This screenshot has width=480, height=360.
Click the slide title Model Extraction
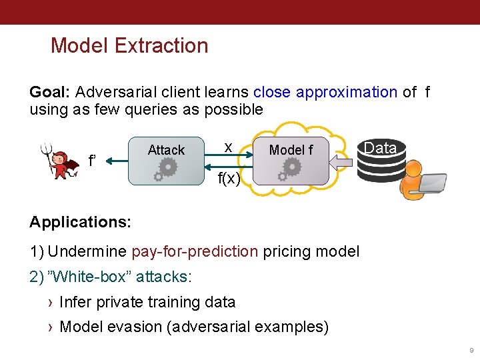129,46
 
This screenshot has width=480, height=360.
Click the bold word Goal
49,92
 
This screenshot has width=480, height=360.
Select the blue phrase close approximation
325,92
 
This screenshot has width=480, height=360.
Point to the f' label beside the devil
92,161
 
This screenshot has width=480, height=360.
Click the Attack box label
166,150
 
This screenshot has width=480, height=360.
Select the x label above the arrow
228,147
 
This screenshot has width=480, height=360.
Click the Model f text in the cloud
291,150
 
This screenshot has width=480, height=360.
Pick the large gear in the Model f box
291,167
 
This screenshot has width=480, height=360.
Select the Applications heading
80,222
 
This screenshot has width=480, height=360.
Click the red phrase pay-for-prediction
195,251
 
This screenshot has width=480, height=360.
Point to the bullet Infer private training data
147,302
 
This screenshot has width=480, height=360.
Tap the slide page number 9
471,351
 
